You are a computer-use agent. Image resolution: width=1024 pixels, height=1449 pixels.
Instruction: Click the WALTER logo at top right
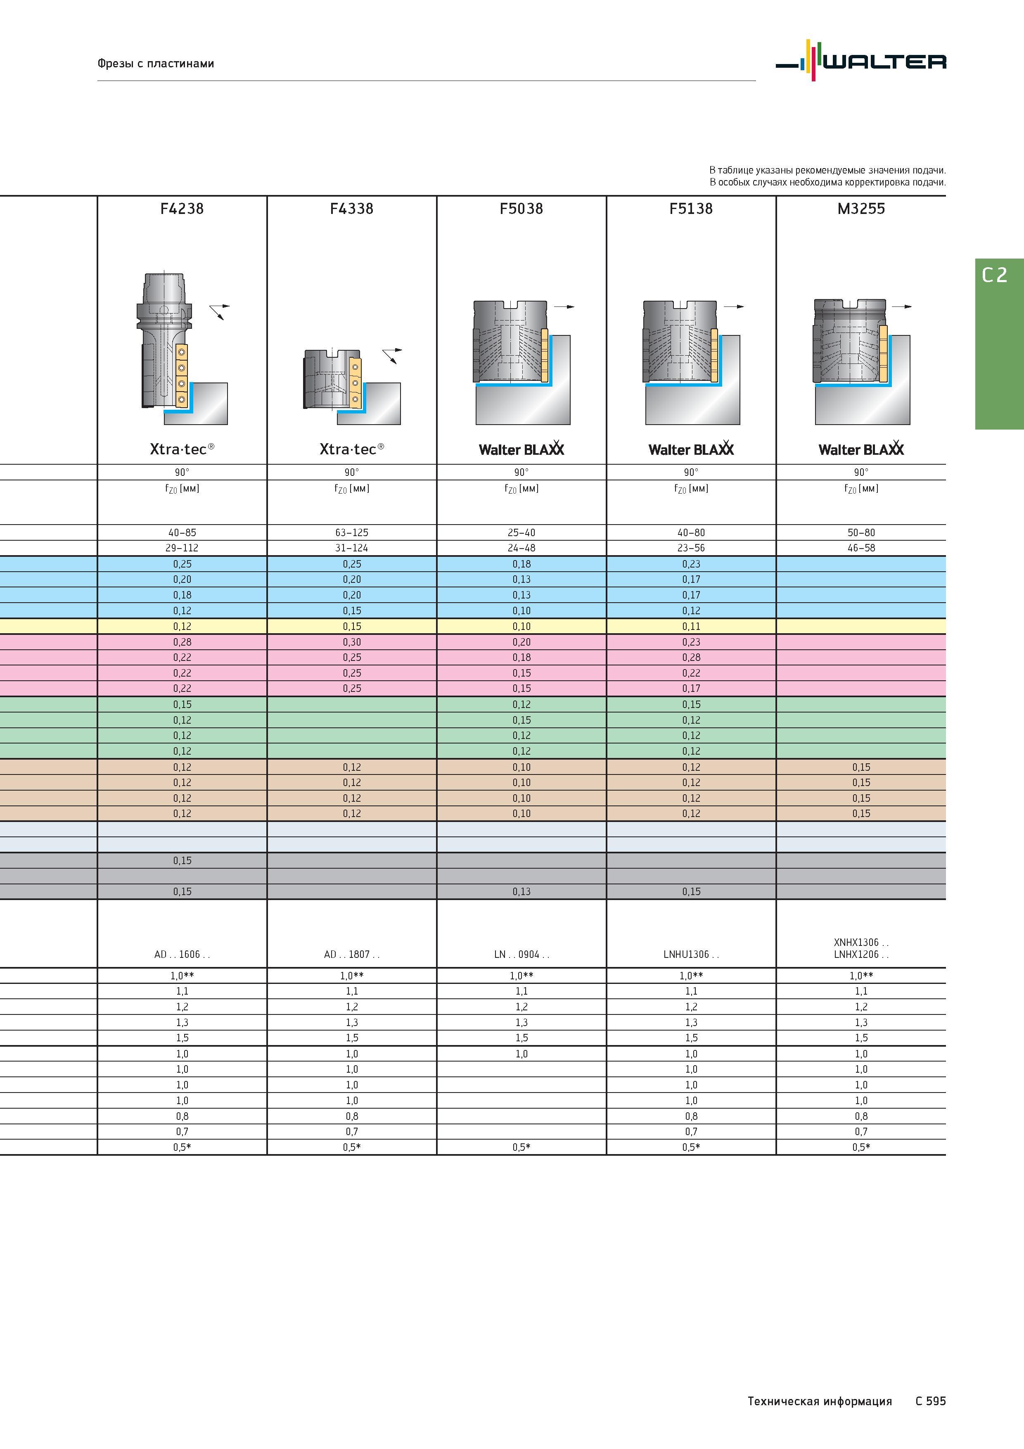tap(860, 61)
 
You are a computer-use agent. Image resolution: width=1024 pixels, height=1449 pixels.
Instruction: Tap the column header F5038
tap(521, 209)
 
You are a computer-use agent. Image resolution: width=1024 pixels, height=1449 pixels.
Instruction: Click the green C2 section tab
tap(999, 344)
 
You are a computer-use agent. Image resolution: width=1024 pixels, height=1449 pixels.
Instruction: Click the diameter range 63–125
tap(351, 533)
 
